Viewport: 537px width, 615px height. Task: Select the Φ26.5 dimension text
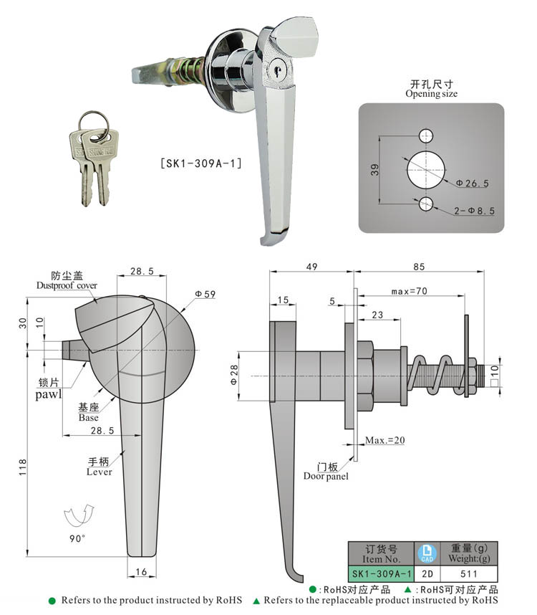pos(473,183)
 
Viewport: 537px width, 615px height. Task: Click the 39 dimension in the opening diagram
pos(375,169)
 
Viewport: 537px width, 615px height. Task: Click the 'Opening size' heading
pos(431,94)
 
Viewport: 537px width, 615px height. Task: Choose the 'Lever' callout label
pos(99,472)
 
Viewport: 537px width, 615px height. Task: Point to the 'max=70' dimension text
pos(410,292)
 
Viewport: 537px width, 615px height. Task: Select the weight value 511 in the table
pos(469,573)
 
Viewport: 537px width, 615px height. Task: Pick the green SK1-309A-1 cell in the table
pos(381,573)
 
